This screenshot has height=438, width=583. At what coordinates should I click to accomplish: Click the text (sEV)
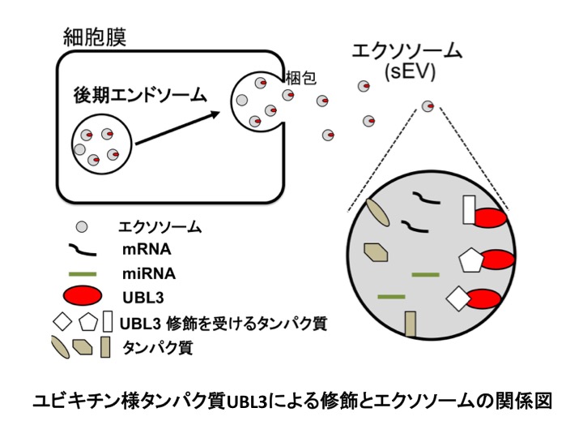coord(411,72)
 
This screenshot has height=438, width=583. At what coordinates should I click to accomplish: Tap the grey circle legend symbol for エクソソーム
coord(81,227)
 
